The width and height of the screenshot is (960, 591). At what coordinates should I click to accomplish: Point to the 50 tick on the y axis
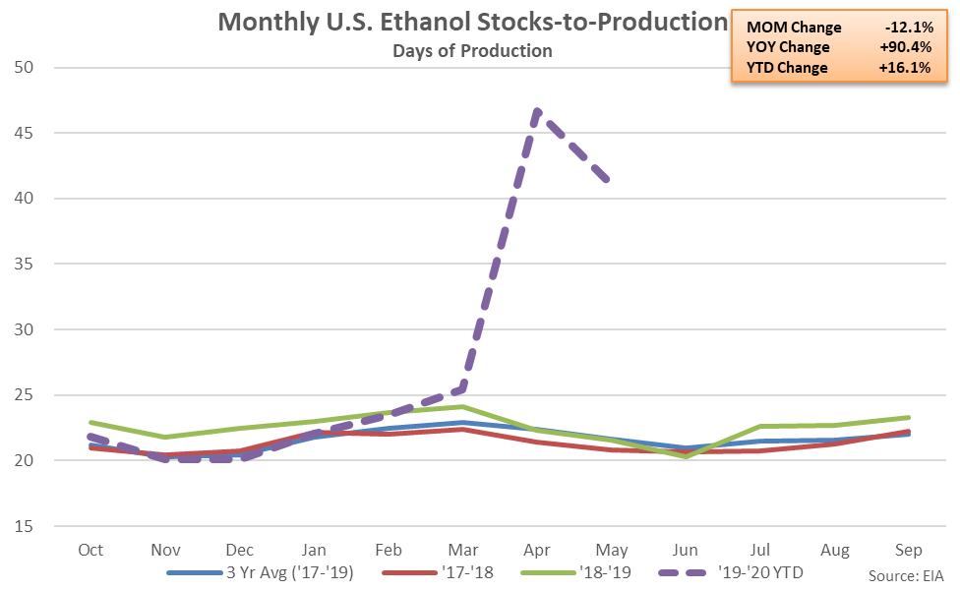coord(37,68)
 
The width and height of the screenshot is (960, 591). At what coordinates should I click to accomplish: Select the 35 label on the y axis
coord(37,265)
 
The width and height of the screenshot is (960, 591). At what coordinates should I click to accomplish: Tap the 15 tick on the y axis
coord(37,526)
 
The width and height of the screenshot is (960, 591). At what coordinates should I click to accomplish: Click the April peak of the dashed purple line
coord(537,111)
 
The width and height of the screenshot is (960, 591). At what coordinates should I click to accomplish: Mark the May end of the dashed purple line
coord(610,181)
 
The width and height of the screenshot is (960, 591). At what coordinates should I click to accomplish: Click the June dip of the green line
coord(686,456)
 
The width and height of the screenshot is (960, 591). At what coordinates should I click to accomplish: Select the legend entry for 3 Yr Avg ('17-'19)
coord(261,571)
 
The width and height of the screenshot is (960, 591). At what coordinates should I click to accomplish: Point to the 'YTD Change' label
coord(787,68)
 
